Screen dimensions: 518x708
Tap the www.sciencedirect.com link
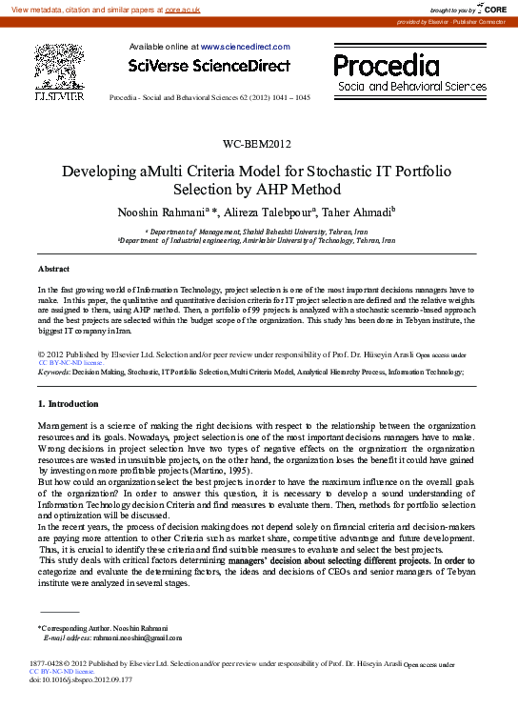245,46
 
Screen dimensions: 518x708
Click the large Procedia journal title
387,66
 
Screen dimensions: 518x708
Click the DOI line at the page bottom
82,679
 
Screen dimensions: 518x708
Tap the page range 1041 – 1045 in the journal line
289,98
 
